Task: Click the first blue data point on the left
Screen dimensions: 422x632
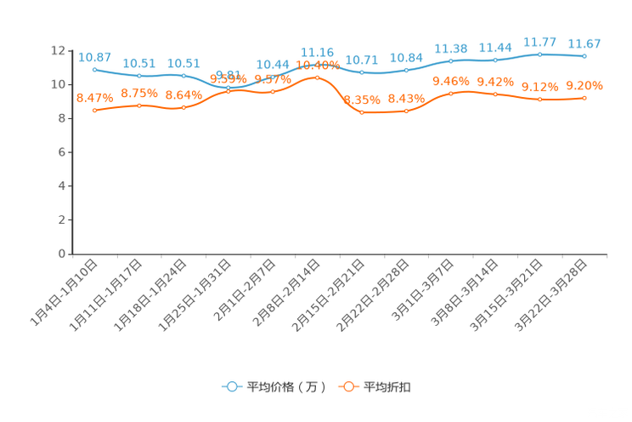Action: tap(94, 69)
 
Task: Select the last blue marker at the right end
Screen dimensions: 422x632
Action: tap(584, 56)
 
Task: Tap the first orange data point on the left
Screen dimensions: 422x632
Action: tap(94, 111)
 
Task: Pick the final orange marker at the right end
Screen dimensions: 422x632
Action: tap(584, 98)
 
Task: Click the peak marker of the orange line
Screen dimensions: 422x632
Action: tap(317, 77)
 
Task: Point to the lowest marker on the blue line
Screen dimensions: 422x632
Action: tap(228, 88)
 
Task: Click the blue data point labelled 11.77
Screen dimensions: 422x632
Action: tap(539, 54)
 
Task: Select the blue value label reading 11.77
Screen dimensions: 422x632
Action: tap(539, 41)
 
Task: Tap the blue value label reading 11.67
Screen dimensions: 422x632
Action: tap(584, 43)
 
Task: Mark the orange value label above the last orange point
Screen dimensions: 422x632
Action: tap(584, 84)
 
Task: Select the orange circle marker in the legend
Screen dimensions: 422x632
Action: tap(348, 387)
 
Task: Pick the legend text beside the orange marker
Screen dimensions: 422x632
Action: tap(388, 387)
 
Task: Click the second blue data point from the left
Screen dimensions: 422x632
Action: tap(138, 77)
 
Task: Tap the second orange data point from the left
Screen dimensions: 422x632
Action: tap(138, 105)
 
